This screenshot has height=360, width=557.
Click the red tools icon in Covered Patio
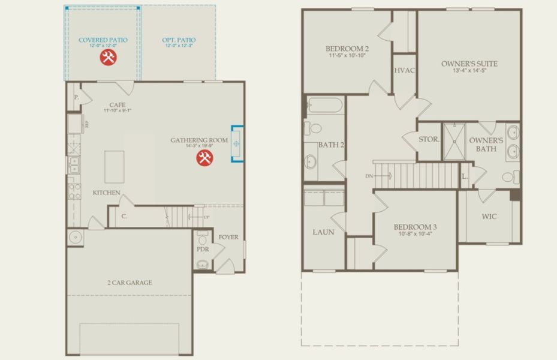pos(108,57)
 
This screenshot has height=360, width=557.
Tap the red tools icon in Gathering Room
pos(204,158)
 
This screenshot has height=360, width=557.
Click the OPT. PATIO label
pos(179,40)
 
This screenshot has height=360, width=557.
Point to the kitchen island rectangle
pos(114,166)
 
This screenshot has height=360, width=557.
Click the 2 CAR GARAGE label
pos(130,283)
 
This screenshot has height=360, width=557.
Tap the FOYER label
pos(228,237)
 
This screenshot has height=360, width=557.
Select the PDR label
pos(202,249)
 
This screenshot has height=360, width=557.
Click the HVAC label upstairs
pos(405,70)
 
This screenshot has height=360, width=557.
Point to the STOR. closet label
pos(429,139)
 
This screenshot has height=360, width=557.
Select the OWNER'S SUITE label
pos(469,64)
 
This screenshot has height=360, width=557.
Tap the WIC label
pos(489,217)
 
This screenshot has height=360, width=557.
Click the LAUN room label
pos(323,232)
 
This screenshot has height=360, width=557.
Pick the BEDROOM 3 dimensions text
pos(415,234)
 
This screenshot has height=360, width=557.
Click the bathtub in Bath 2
pos(324,106)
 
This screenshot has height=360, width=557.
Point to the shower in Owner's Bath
pos(456,141)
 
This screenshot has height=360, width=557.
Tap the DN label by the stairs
pos(369,176)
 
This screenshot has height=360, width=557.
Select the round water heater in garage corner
pos(76,236)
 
